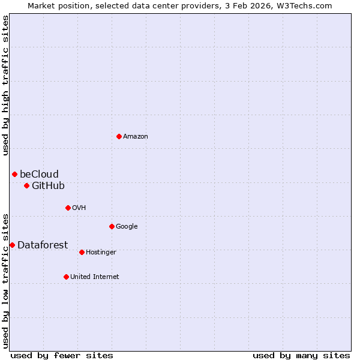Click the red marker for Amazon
click(x=119, y=136)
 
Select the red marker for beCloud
click(x=14, y=174)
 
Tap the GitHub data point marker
click(x=26, y=185)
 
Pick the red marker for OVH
click(x=68, y=208)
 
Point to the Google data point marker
click(x=112, y=226)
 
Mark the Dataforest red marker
click(x=12, y=245)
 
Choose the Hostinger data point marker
click(x=82, y=252)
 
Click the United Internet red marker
click(x=66, y=277)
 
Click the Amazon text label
click(x=136, y=137)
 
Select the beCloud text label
click(x=39, y=175)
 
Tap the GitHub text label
click(x=48, y=186)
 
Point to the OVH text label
click(x=79, y=208)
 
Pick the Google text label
click(x=127, y=227)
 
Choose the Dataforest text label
click(x=43, y=245)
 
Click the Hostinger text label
click(x=101, y=253)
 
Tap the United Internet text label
click(x=94, y=277)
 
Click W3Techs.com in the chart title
click(x=307, y=5)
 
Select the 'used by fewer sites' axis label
click(x=62, y=355)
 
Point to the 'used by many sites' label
click(x=301, y=355)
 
